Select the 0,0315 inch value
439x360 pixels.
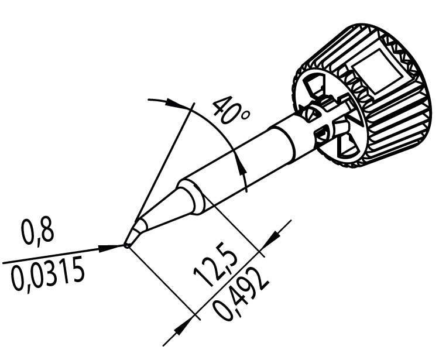click(x=47, y=274)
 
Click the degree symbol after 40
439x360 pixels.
click(x=245, y=115)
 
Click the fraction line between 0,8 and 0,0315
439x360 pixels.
click(x=64, y=255)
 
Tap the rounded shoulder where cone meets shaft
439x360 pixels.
click(x=193, y=197)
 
